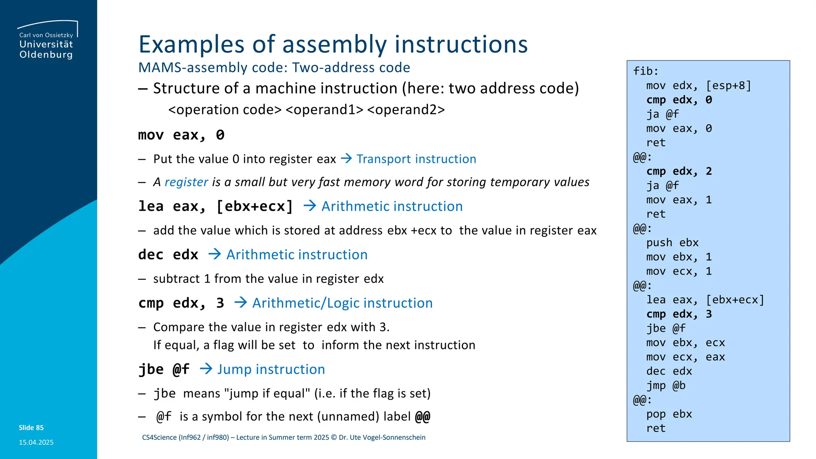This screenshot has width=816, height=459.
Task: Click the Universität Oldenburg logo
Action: [x=47, y=40]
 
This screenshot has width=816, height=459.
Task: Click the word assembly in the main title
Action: [x=334, y=44]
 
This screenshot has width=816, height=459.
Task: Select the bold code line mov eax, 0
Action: [x=181, y=135]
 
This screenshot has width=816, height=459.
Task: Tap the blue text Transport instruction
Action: [x=416, y=159]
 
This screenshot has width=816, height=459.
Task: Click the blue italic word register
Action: [x=186, y=182]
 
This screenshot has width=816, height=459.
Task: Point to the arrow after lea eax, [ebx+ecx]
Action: [x=310, y=206]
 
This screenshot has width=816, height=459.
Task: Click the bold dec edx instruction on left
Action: [x=168, y=255]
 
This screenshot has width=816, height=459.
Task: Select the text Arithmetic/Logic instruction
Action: [x=342, y=303]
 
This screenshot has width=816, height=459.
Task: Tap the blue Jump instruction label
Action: [x=271, y=369]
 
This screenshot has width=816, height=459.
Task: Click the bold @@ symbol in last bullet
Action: [x=422, y=417]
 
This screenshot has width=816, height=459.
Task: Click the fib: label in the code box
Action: [x=645, y=71]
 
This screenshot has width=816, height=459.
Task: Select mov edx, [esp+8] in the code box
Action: [x=698, y=86]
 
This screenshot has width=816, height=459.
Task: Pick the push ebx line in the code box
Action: [x=672, y=243]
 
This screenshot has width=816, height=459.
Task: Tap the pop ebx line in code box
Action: [x=669, y=414]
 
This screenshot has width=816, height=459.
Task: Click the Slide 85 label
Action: [x=31, y=428]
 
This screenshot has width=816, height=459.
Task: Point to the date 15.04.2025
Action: [x=36, y=442]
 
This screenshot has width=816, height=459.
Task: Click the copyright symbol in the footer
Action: [x=334, y=437]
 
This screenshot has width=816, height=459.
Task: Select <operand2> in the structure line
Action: [x=406, y=110]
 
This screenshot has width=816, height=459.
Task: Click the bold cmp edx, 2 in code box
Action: [x=679, y=171]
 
